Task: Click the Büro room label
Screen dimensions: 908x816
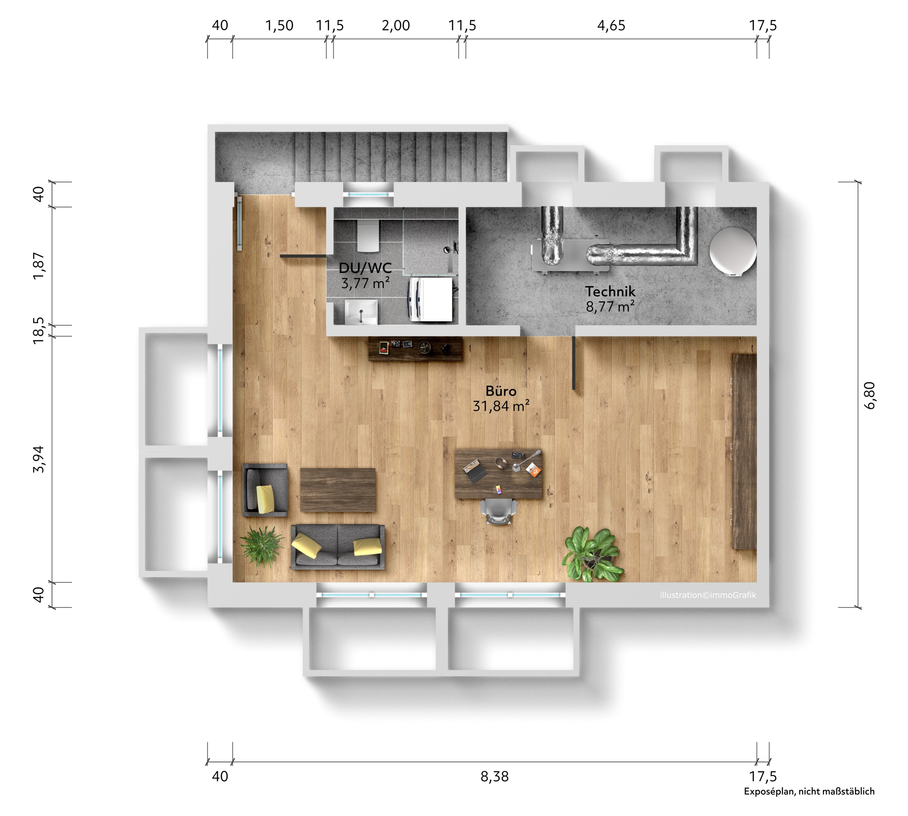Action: click(500, 391)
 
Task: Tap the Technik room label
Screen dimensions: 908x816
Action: click(610, 291)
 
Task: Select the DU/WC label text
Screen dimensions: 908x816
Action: click(365, 268)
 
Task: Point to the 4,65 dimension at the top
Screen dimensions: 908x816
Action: click(611, 26)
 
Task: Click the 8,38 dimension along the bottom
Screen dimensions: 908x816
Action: click(494, 776)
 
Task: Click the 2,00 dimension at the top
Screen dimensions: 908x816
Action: click(396, 26)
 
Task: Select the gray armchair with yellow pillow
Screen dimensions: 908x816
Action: click(265, 490)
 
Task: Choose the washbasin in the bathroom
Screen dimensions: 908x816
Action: click(361, 312)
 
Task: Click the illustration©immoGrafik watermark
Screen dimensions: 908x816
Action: click(708, 595)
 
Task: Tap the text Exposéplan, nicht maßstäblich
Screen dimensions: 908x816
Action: click(809, 791)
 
